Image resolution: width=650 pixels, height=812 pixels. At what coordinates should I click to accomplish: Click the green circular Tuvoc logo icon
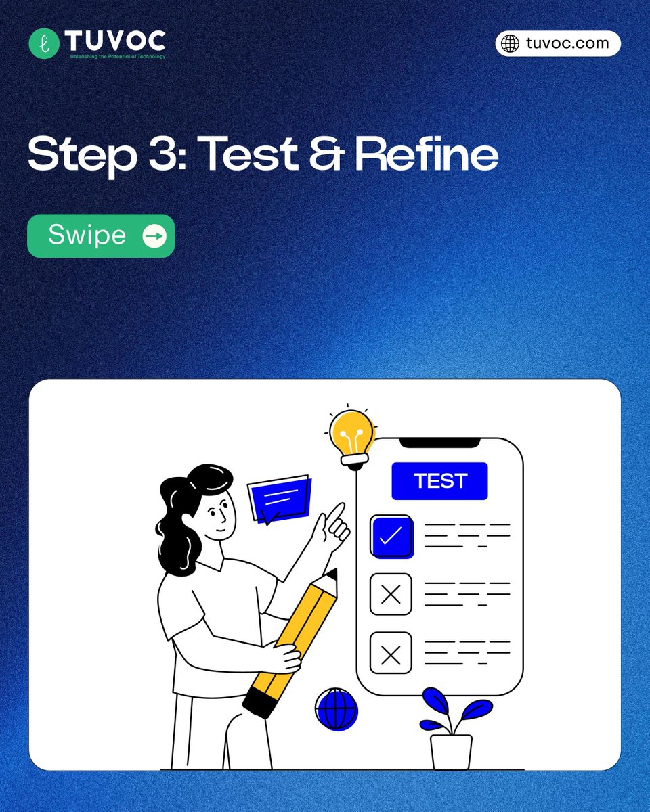tap(44, 43)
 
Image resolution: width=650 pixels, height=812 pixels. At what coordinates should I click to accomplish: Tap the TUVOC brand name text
tap(115, 41)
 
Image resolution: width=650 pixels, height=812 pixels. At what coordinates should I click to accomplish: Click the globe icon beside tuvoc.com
tap(510, 43)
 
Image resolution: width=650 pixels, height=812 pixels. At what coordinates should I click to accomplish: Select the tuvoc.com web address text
tap(567, 43)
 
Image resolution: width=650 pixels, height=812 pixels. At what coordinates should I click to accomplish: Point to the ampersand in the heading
tap(327, 153)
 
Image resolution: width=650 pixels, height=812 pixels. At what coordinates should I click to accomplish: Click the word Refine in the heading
tap(427, 152)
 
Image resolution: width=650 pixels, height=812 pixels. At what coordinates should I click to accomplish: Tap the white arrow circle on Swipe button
tap(154, 236)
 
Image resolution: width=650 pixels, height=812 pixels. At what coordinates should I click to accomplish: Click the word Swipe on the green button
tap(87, 235)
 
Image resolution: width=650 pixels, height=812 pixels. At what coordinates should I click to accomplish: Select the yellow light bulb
tap(352, 438)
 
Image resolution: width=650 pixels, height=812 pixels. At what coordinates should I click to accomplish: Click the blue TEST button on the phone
tap(439, 480)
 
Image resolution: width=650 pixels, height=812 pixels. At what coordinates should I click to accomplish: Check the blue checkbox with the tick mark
tap(391, 536)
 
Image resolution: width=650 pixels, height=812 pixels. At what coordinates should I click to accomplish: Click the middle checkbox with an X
tap(391, 594)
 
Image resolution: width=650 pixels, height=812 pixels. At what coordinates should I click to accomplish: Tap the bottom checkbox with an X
tap(391, 653)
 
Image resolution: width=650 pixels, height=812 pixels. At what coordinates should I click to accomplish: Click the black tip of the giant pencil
tap(332, 574)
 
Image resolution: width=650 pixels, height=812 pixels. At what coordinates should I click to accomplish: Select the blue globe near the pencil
tap(336, 709)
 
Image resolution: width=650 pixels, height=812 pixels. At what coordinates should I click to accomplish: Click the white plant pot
tap(451, 752)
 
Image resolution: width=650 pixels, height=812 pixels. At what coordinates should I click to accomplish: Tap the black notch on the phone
tap(439, 443)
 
